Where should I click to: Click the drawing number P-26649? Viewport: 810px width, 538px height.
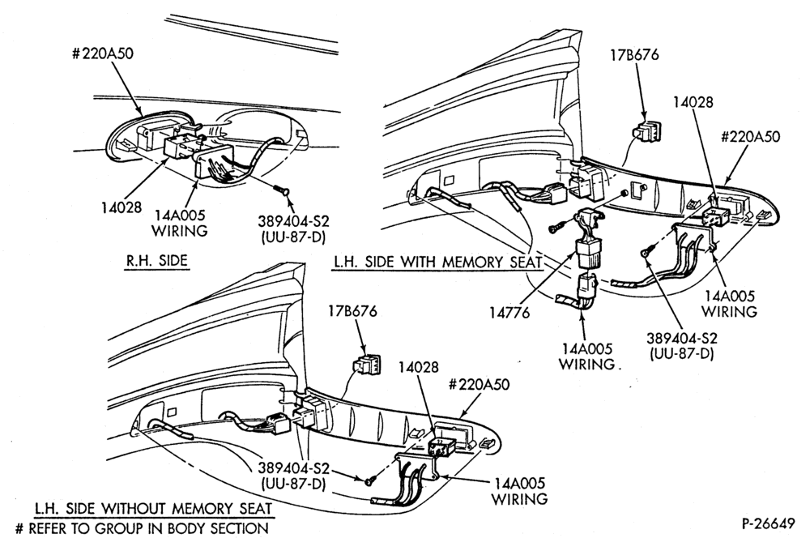pyautogui.click(x=768, y=523)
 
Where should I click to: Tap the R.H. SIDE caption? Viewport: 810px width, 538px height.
pyautogui.click(x=158, y=260)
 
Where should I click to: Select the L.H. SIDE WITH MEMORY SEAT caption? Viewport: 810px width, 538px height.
pyautogui.click(x=437, y=262)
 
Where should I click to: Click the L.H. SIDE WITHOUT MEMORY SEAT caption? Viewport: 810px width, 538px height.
pyautogui.click(x=153, y=509)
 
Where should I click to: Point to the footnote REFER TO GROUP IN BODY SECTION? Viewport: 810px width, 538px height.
pyautogui.click(x=143, y=529)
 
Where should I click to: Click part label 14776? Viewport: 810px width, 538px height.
pyautogui.click(x=509, y=313)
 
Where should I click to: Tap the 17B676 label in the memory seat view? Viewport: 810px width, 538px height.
pyautogui.click(x=635, y=55)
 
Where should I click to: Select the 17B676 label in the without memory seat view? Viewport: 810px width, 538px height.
pyautogui.click(x=353, y=311)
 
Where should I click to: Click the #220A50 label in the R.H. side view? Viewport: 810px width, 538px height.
pyautogui.click(x=102, y=53)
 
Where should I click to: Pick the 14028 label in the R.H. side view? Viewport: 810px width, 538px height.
pyautogui.click(x=122, y=207)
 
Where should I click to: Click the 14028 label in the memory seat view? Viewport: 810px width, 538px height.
pyautogui.click(x=693, y=102)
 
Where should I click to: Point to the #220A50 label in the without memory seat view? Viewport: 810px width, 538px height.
pyautogui.click(x=479, y=385)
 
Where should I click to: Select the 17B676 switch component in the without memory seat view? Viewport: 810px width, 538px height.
pyautogui.click(x=367, y=364)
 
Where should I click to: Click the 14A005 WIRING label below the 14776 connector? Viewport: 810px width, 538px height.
pyautogui.click(x=586, y=357)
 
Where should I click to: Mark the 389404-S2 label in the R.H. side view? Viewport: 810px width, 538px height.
pyautogui.click(x=293, y=229)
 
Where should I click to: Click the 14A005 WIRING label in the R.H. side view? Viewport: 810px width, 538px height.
pyautogui.click(x=179, y=223)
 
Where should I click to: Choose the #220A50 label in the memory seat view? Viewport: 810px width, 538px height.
pyautogui.click(x=750, y=136)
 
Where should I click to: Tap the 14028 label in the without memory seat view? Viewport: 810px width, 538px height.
pyautogui.click(x=419, y=366)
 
